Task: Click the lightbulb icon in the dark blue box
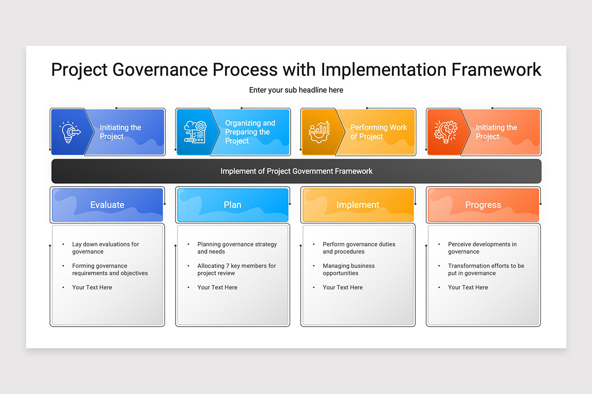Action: [x=70, y=132]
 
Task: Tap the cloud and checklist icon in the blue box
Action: [x=195, y=132]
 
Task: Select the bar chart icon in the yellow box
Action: [x=320, y=132]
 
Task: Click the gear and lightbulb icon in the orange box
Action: [x=445, y=132]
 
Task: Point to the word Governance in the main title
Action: [x=160, y=69]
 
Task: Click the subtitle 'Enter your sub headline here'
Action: [x=296, y=90]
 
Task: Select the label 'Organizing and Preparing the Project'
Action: [x=250, y=132]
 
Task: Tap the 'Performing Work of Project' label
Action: [x=378, y=132]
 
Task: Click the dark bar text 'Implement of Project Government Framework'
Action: [x=296, y=171]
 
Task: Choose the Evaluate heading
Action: [x=107, y=205]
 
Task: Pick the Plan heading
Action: [x=232, y=205]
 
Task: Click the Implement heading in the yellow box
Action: [x=358, y=205]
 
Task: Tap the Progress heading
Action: [x=483, y=205]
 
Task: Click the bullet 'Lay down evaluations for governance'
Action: [x=106, y=248]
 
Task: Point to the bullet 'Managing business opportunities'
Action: [x=349, y=269]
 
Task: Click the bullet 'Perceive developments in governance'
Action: [x=482, y=248]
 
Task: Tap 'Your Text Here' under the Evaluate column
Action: [x=92, y=288]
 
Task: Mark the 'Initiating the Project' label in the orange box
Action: [x=496, y=132]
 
